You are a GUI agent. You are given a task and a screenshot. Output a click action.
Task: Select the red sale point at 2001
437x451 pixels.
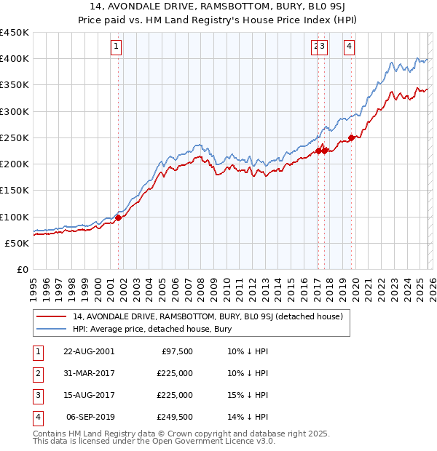tap(118, 217)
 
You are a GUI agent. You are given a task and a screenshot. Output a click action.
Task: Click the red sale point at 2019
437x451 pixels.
tap(351, 137)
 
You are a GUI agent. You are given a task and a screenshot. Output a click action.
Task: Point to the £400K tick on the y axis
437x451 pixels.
tap(15, 59)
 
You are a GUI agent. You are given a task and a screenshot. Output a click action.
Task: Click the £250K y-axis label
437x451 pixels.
tap(15, 137)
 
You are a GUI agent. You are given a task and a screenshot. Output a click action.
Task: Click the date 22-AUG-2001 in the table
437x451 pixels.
tap(88, 351)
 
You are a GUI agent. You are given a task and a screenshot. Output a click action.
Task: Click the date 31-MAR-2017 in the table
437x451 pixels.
tap(88, 373)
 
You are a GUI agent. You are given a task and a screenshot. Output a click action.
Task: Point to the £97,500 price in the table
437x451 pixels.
tap(176, 351)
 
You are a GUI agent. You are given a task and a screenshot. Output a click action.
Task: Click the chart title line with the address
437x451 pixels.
tap(219, 7)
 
